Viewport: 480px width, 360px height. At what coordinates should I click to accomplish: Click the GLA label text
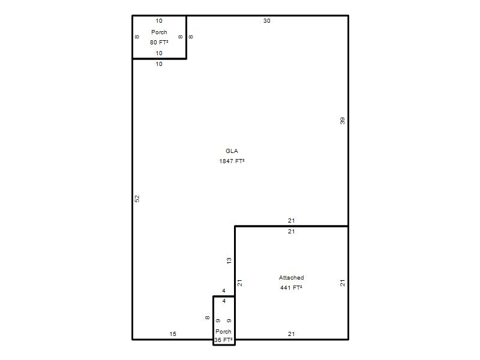click(232, 151)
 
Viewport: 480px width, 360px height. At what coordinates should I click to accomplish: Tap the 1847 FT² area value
click(232, 161)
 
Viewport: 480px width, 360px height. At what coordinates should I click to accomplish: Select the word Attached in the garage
click(291, 278)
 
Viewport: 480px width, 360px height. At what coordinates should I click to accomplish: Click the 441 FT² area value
click(291, 288)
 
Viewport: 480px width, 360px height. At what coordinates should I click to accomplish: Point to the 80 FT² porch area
click(159, 43)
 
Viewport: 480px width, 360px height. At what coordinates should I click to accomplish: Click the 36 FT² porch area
click(223, 340)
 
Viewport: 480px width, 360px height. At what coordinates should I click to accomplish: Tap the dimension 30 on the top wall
click(266, 21)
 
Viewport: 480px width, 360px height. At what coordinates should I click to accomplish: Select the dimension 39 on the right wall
click(342, 121)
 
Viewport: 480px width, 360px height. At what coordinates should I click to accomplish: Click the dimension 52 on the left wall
click(137, 199)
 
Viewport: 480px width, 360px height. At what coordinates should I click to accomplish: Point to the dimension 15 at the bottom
click(173, 334)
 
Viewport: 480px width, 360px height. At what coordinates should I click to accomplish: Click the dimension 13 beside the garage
click(229, 261)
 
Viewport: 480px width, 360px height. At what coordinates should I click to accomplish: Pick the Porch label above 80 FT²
click(159, 32)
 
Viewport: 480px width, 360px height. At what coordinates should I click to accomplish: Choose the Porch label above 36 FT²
click(223, 332)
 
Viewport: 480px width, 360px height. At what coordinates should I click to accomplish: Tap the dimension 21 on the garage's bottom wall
click(291, 334)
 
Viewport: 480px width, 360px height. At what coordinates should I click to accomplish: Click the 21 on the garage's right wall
click(342, 283)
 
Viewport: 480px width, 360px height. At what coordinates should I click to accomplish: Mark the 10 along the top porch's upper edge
click(159, 21)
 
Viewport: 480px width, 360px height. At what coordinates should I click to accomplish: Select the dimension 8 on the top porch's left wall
click(137, 37)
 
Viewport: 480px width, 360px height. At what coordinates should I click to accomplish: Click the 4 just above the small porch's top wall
click(224, 291)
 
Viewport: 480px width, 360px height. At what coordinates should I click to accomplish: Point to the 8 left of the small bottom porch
click(207, 318)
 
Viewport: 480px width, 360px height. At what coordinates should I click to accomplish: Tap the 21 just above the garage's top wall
click(291, 220)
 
